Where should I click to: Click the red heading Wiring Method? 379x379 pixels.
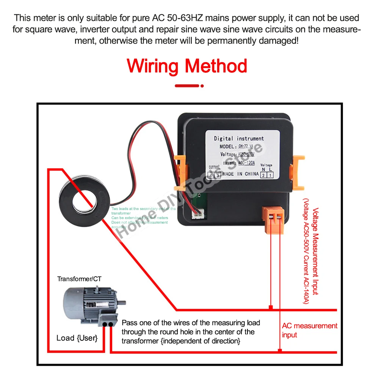[x=187, y=66]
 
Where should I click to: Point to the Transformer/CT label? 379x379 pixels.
[x=80, y=279]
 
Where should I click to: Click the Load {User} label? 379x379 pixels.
[x=77, y=338]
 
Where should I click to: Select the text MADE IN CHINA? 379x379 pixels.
[x=240, y=174]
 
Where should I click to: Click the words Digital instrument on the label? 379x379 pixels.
[x=239, y=138]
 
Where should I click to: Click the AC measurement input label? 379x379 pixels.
[x=309, y=330]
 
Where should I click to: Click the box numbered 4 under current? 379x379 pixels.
[x=211, y=175]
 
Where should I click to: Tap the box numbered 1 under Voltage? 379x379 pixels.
[x=270, y=174]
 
